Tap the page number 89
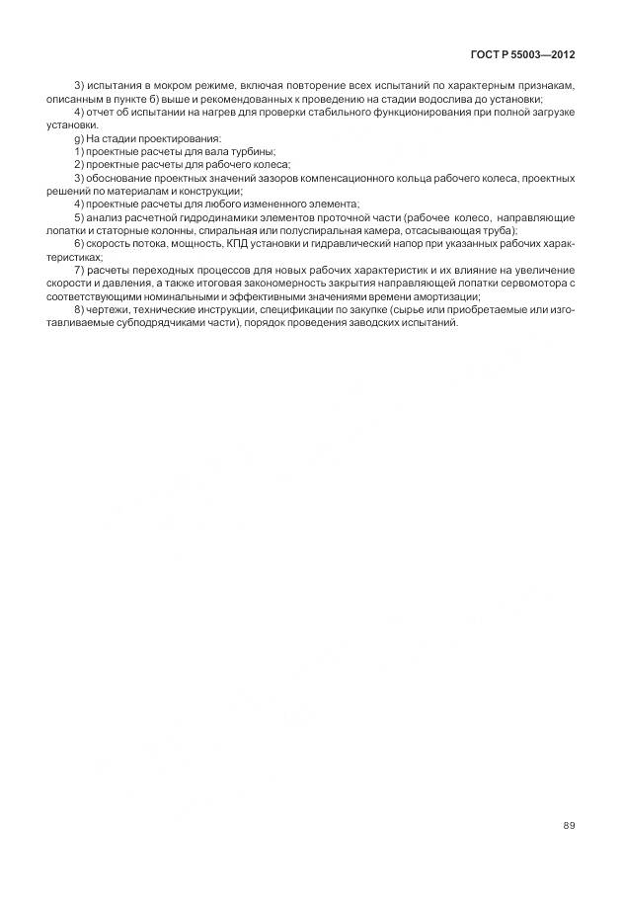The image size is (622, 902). [x=568, y=826]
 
